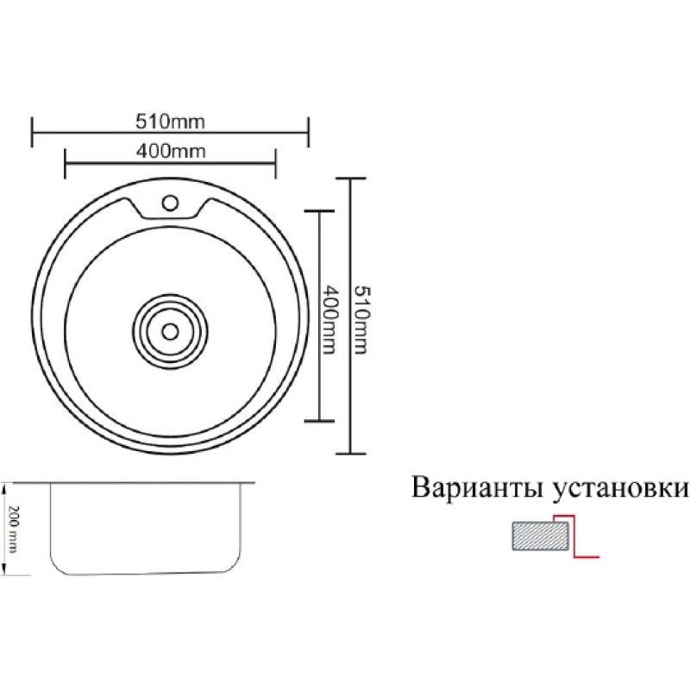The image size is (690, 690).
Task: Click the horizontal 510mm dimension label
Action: coord(170,122)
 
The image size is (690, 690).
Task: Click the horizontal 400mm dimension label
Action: coord(170,152)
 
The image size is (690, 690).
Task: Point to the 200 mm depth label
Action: coord(14,530)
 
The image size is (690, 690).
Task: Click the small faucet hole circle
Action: coord(170,203)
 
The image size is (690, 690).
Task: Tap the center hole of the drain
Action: coord(170,331)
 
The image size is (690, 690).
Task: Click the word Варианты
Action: coord(478,488)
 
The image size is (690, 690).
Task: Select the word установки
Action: coord(619,489)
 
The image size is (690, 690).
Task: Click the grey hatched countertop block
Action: coord(541,536)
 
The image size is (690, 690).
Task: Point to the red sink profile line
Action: coord(574,536)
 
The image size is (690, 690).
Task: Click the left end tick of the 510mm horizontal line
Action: coord(32,132)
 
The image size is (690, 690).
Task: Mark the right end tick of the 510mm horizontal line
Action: coord(309,132)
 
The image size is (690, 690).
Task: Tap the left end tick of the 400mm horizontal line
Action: coord(66,163)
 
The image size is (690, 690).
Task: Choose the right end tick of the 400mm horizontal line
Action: coord(275,163)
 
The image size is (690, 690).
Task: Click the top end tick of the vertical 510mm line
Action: coord(350,179)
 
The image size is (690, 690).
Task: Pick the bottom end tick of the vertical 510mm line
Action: coord(350,454)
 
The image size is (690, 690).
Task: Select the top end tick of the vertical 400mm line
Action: coord(319,211)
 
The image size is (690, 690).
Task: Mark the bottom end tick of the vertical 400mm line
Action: coord(319,421)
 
